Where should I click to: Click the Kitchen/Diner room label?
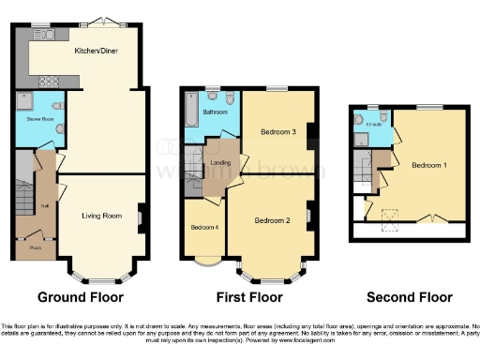(95, 52)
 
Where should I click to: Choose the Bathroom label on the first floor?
(217, 112)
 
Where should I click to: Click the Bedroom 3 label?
(278, 133)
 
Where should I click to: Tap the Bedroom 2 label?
(272, 220)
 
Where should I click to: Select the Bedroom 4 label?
(204, 228)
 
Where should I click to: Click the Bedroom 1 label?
(428, 165)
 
